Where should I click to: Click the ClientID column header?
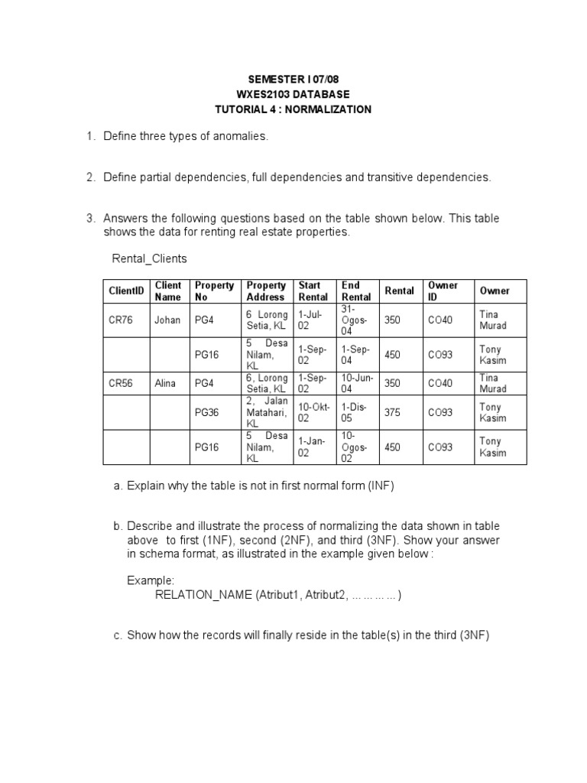click(126, 291)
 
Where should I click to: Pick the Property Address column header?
click(265, 291)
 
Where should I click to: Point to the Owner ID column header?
click(443, 291)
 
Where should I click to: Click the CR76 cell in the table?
click(121, 320)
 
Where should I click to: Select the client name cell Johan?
click(167, 320)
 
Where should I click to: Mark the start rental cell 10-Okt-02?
click(313, 412)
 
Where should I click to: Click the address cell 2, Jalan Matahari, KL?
click(266, 412)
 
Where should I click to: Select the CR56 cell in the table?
click(121, 384)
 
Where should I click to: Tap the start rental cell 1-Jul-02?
click(313, 320)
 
